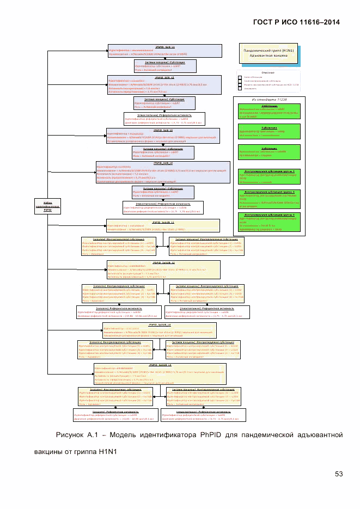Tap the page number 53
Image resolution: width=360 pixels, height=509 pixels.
tap(338, 473)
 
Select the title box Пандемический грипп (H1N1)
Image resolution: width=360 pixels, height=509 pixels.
tap(268, 53)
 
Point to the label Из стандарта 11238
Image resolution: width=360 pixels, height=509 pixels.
tap(268, 100)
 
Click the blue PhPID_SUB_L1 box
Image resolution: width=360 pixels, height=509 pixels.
tap(165, 51)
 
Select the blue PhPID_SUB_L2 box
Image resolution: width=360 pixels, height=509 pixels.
tap(164, 84)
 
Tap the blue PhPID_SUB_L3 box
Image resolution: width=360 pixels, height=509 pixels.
tap(163, 136)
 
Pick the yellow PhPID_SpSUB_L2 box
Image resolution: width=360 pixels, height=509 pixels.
tap(163, 269)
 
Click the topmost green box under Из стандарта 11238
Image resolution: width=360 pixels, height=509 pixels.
tap(269, 112)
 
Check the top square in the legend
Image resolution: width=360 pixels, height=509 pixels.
tap(240, 77)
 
